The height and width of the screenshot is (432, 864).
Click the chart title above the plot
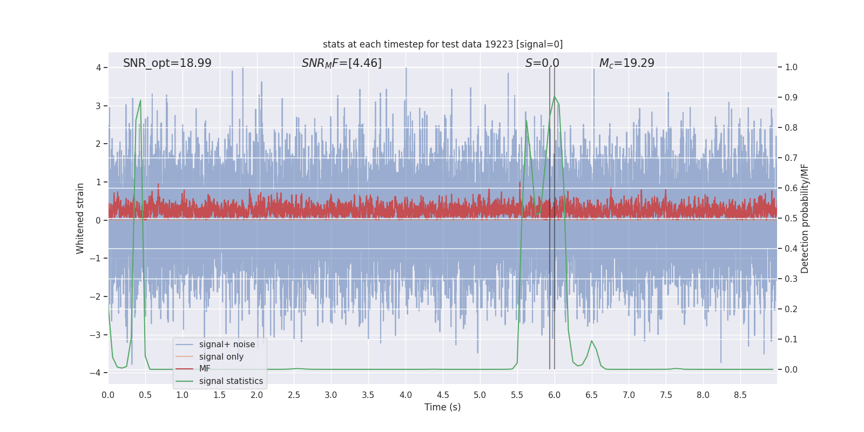(443, 44)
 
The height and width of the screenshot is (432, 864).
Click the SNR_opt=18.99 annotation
(167, 63)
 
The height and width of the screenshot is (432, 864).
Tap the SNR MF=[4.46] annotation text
(342, 63)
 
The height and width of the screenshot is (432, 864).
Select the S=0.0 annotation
(542, 63)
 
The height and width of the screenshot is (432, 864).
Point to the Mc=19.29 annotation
(627, 63)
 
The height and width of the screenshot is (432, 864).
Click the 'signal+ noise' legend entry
(227, 345)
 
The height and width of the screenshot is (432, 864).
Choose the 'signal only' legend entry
(221, 357)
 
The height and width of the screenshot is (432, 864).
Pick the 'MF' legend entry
(205, 369)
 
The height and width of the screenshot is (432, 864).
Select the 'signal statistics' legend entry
(231, 381)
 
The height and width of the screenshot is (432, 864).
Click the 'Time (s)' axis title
(443, 407)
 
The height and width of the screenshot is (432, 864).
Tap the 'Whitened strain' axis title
(80, 218)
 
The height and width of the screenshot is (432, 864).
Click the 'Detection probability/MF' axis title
(805, 218)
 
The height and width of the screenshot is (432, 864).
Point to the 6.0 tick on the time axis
(555, 395)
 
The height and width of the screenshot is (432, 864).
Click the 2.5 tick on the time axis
(294, 395)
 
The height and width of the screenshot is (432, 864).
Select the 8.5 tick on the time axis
(740, 395)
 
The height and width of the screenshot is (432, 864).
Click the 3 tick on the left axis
(98, 106)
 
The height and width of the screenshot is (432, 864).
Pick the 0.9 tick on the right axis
(791, 98)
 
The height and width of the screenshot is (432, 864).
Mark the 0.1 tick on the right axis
(791, 340)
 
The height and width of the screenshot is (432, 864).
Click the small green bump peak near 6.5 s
(592, 341)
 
